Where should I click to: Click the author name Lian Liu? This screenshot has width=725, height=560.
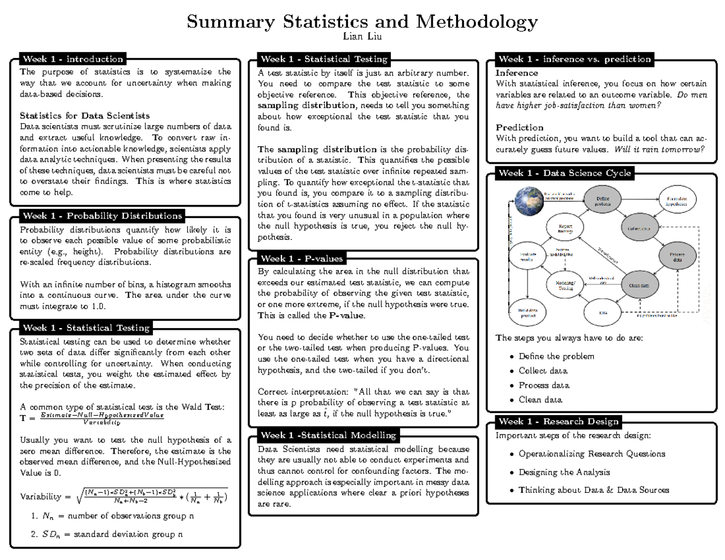click(x=362, y=38)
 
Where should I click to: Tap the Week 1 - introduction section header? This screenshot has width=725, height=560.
click(x=72, y=59)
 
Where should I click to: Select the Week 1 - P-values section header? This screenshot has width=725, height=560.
click(x=301, y=259)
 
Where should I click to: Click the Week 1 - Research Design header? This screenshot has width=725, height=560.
click(x=558, y=422)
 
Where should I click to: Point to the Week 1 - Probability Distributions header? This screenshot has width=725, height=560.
click(x=101, y=216)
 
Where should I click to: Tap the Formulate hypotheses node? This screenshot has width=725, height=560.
click(x=675, y=201)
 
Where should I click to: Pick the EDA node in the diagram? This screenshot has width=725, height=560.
click(x=602, y=312)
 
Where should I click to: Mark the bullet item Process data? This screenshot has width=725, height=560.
click(x=544, y=385)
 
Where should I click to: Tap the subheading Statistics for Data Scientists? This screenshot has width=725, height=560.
click(x=85, y=115)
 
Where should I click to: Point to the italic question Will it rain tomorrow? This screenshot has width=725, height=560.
click(x=659, y=149)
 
